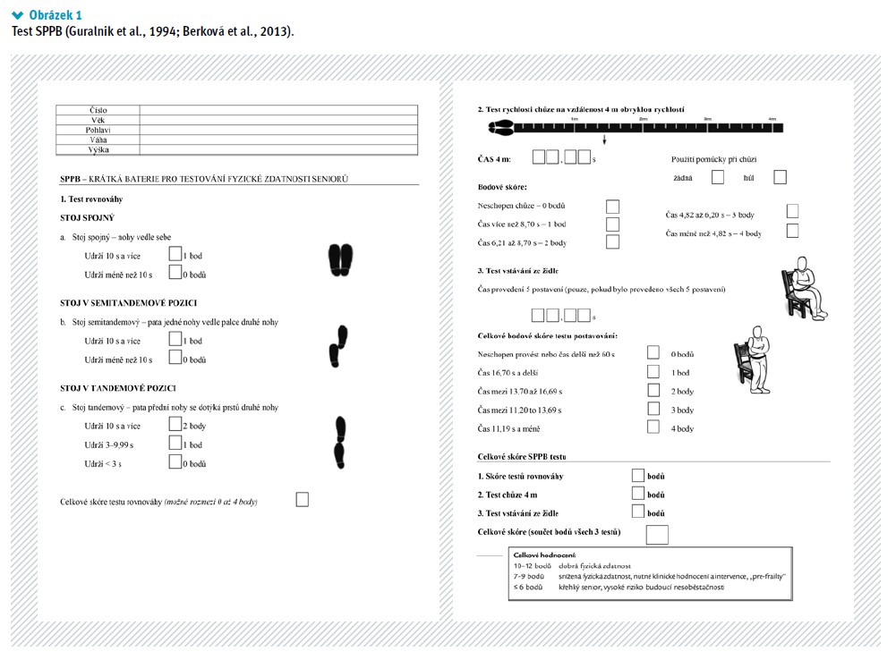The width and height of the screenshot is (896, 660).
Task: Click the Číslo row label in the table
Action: [98, 110]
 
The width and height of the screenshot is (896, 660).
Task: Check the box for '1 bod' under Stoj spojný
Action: [175, 255]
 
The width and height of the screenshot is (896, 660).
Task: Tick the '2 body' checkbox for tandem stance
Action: [175, 425]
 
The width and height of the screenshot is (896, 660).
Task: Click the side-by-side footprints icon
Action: [341, 258]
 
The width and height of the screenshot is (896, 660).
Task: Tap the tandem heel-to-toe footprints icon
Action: [340, 443]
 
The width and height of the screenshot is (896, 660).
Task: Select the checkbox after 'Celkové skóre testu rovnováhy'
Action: [303, 499]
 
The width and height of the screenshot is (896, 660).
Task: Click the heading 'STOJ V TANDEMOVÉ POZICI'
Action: [117, 388]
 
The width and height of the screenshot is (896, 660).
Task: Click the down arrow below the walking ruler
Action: [605, 140]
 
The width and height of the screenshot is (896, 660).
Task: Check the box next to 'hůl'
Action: [780, 177]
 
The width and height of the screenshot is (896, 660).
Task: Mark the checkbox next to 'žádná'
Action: [717, 177]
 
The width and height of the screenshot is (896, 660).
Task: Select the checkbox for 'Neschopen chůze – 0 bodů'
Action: [612, 206]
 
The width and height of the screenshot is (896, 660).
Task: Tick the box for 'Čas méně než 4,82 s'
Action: [792, 232]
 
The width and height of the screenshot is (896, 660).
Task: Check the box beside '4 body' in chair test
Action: [653, 427]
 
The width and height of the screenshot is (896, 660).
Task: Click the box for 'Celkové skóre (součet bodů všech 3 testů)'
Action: [657, 534]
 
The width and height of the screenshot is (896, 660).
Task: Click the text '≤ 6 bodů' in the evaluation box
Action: [528, 588]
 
